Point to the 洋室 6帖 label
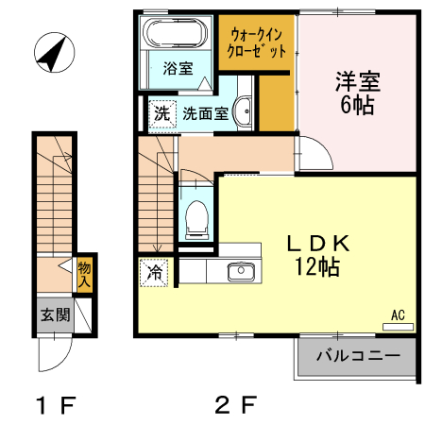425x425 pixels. (x=356, y=92)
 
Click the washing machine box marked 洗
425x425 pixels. (x=162, y=113)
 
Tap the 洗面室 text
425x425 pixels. (x=205, y=114)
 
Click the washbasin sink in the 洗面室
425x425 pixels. (x=244, y=110)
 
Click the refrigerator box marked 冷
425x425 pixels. (x=155, y=272)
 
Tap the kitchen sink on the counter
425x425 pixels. (x=240, y=272)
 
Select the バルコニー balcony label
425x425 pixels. (x=352, y=357)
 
